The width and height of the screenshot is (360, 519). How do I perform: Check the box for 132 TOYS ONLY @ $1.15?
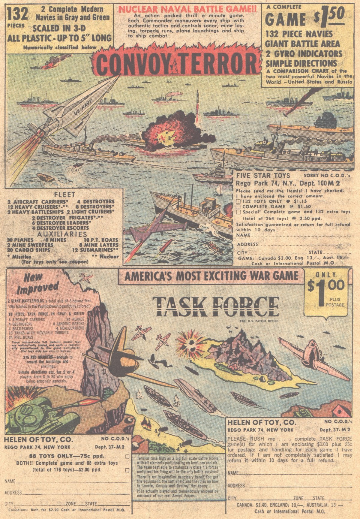tap(238, 201)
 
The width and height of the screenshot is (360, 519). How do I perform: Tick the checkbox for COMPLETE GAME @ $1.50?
tap(238, 207)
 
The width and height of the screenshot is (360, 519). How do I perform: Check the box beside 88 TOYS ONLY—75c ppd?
tap(127, 457)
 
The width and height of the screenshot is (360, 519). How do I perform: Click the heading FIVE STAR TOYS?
tap(263, 175)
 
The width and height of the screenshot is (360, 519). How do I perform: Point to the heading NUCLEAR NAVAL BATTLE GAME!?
tap(187, 9)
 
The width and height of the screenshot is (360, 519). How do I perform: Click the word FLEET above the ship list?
tap(64, 195)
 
